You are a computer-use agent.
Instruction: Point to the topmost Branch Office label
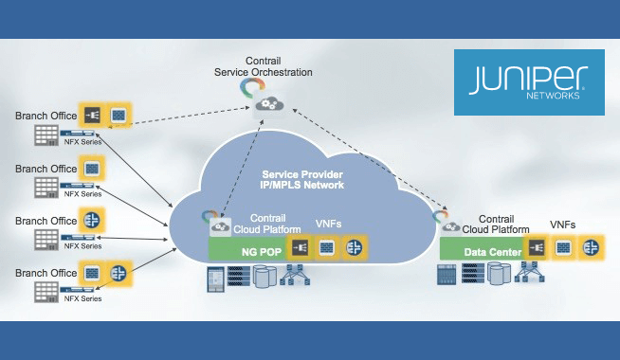[x=46, y=117]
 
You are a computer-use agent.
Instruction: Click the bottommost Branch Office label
[x=46, y=273]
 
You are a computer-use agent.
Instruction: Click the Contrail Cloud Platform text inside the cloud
[x=269, y=225]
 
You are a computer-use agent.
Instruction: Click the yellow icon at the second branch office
[x=93, y=168]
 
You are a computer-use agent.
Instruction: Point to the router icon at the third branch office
[x=93, y=220]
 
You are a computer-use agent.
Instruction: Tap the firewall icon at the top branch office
[x=93, y=116]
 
